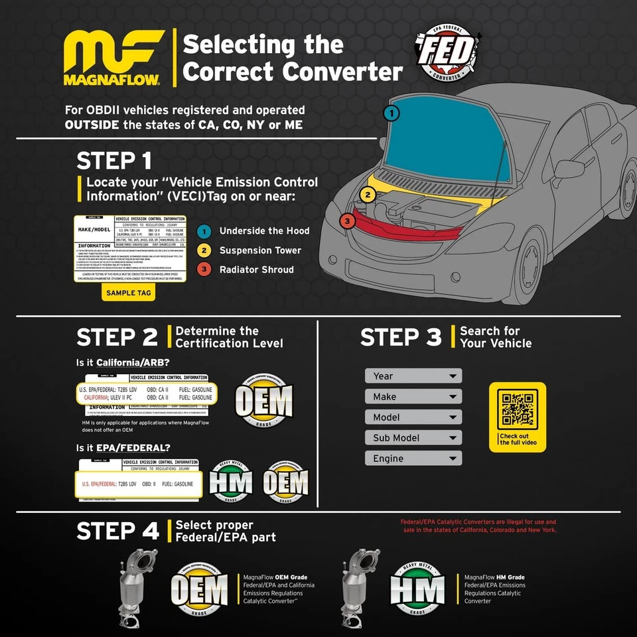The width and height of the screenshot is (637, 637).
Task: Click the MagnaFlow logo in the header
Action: pos(111,58)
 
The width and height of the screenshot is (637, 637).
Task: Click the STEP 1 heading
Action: pos(114,161)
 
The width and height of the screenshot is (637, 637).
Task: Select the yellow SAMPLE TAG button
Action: pos(129,293)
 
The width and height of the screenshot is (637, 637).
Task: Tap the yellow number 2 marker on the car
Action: pos(369,195)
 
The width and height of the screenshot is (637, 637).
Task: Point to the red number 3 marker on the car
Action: pos(346,221)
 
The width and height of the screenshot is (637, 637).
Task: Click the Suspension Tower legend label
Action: pos(260,250)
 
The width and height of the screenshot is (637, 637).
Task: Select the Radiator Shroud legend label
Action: pos(256,269)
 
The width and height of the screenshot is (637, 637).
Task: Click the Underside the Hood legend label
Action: pos(264,231)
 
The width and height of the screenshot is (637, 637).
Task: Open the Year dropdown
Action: pos(413,376)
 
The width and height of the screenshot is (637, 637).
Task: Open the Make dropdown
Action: pos(413,397)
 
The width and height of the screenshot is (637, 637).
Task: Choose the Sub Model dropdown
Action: pos(413,438)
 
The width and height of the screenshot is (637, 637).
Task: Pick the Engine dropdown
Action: pos(413,459)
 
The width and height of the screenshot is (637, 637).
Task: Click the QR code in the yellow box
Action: pos(518,409)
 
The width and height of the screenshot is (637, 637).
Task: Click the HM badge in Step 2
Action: pos(231,482)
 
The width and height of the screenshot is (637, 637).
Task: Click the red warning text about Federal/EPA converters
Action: pos(478,526)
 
